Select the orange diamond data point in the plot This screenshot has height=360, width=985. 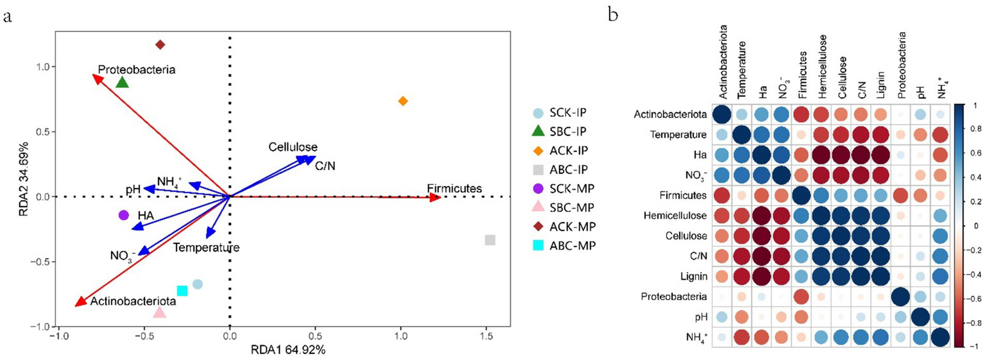[403, 101]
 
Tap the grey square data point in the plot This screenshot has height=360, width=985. [490, 240]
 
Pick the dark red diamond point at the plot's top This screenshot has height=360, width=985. [160, 44]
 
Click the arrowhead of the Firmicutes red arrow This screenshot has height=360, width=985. [436, 197]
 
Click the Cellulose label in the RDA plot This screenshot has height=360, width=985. [293, 147]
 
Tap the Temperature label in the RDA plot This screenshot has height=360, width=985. [206, 247]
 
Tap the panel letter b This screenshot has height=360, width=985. [613, 14]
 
